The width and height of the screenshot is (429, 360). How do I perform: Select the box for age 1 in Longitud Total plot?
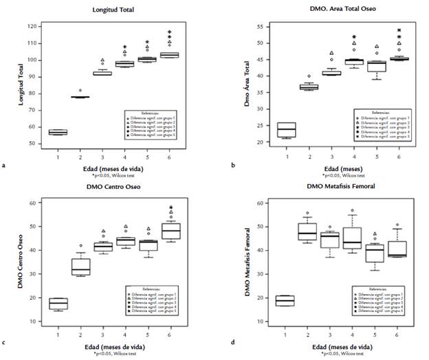coord(58,132)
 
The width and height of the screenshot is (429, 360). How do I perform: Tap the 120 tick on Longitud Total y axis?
coord(32,26)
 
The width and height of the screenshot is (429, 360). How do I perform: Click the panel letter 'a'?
coord(5,166)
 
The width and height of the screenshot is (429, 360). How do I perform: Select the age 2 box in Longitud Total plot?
coord(80,97)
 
